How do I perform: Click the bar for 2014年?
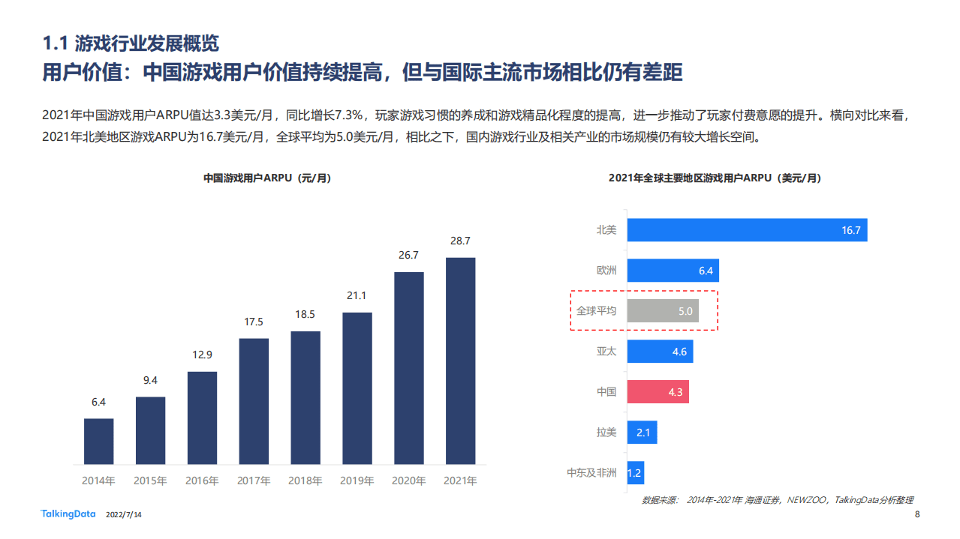pos(98,442)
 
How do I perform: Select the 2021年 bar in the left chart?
pos(460,361)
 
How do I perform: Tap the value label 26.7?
pos(408,256)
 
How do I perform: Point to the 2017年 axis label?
pos(254,481)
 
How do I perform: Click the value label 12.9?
pos(202,355)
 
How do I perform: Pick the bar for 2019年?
pos(357,388)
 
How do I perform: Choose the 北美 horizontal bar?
pos(747,230)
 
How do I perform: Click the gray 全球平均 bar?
pos(663,310)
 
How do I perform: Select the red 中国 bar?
pos(658,391)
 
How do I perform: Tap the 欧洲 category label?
pos(606,271)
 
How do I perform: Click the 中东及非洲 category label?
pos(591,473)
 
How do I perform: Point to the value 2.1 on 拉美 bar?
pos(643,433)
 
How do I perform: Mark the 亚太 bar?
pos(660,351)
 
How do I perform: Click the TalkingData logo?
pos(68,514)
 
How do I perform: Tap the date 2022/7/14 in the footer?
pos(124,515)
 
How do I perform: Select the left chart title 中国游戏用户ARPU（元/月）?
pos(266,178)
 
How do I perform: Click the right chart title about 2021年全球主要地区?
pos(715,178)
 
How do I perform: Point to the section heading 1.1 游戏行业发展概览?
pos(131,43)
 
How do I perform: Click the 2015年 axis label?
pos(150,481)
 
